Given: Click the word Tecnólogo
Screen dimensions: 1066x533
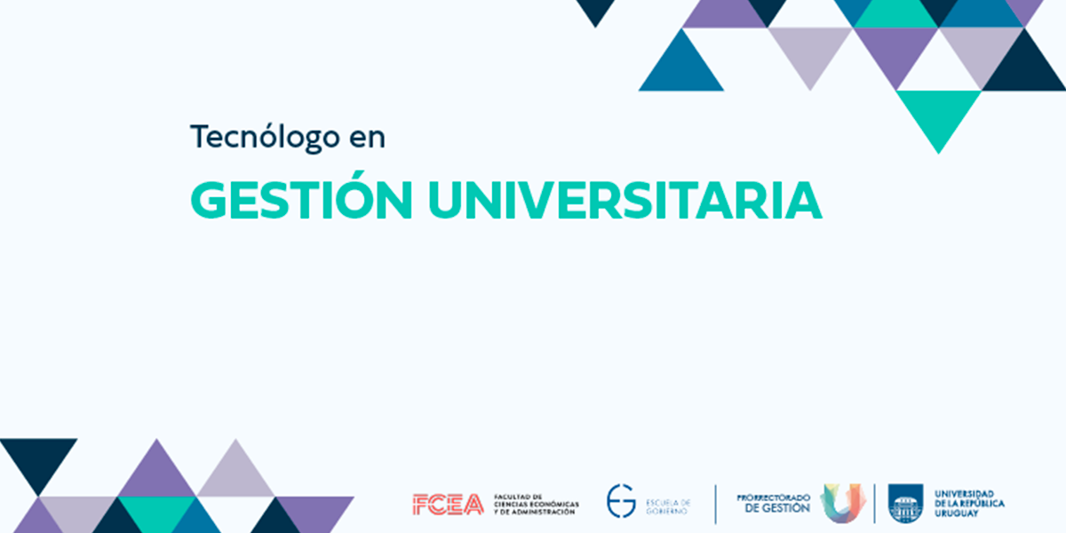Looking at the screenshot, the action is coord(265,138).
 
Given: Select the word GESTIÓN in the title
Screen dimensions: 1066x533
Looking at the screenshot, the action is coord(301,195).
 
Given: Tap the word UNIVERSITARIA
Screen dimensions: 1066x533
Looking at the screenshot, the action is coord(624,201).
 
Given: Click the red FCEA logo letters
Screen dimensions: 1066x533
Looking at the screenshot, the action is coord(448,505).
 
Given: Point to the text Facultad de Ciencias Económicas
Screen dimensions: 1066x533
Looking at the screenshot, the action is coord(537,500).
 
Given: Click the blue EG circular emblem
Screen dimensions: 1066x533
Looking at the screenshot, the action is coord(621,501).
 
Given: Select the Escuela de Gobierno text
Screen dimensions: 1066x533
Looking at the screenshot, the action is coord(668,507).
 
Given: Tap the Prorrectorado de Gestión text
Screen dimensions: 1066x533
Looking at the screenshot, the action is coord(774,504).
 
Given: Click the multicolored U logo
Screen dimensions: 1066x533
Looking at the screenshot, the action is coord(842,504).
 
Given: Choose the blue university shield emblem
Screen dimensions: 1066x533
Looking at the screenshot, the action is coord(905,503).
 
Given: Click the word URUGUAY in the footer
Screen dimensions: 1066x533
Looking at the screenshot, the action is coord(957,513).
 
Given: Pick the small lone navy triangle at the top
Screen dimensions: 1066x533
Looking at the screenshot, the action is coord(595,10).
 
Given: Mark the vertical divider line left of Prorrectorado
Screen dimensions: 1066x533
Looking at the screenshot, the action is coord(715,505).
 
